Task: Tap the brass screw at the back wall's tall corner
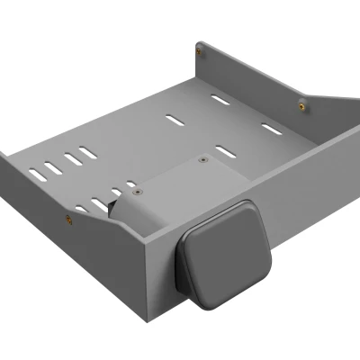click(199, 52)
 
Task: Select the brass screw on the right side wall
click(301, 106)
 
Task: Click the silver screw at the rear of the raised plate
click(203, 159)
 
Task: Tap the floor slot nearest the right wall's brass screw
click(270, 129)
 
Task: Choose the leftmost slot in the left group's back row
click(38, 171)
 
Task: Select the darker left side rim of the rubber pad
click(185, 269)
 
